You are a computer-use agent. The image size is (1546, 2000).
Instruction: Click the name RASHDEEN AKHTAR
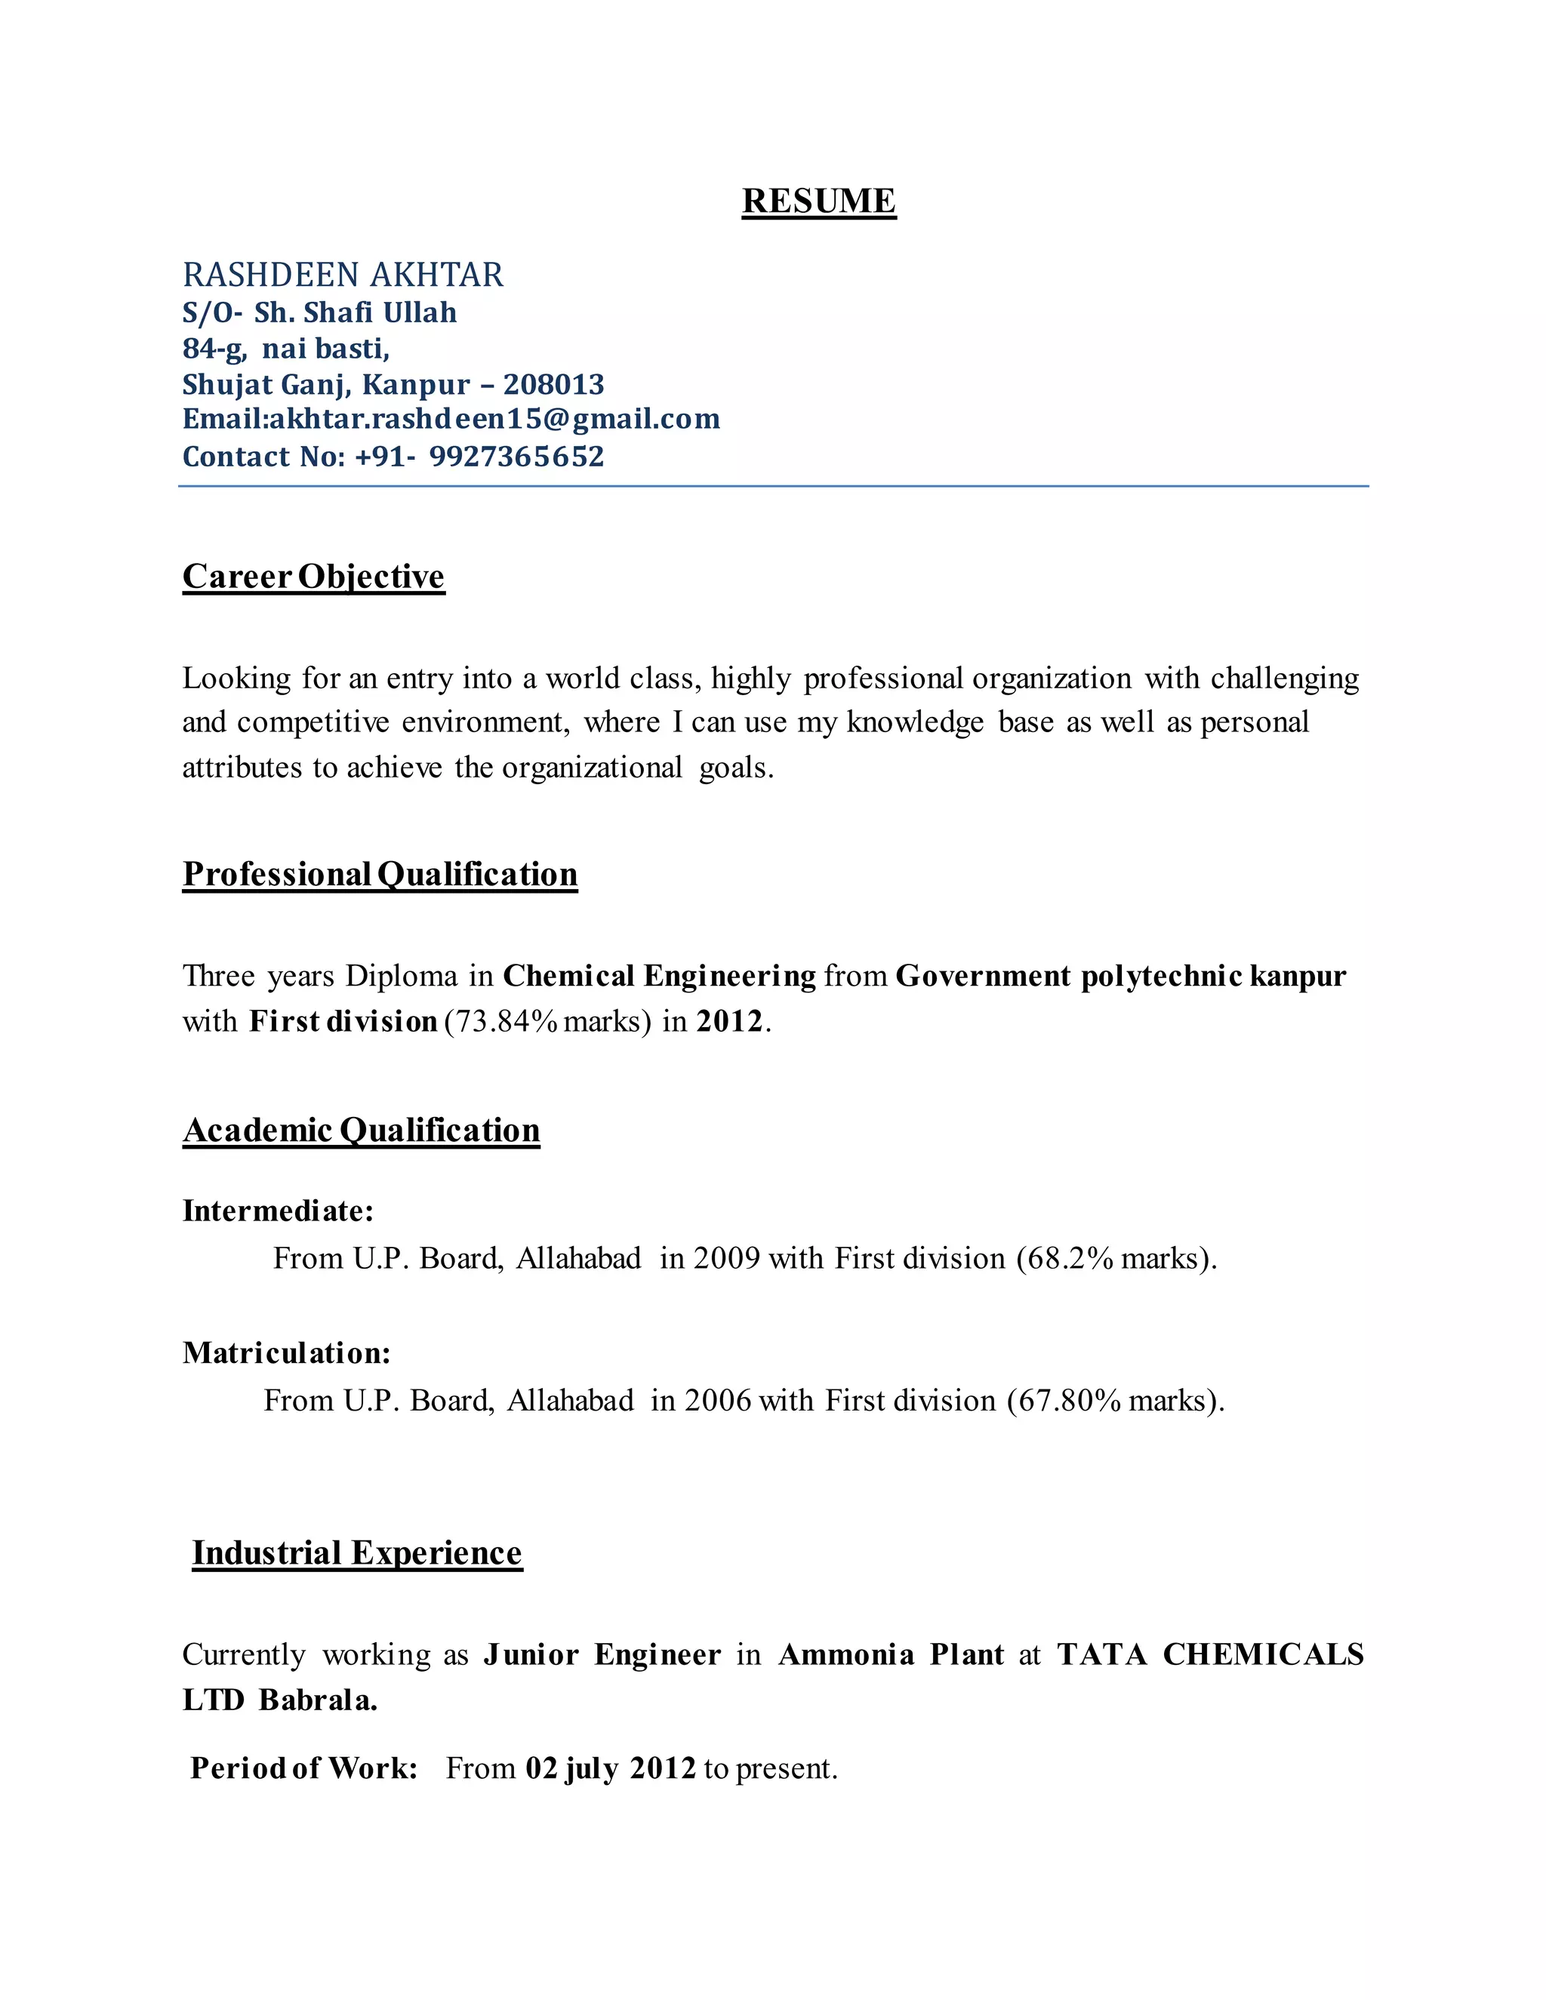343,275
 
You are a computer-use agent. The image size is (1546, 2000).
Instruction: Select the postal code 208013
553,385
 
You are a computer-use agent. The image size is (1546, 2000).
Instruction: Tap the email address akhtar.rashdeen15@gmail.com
494,420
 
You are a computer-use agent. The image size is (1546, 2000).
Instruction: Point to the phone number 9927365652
516,456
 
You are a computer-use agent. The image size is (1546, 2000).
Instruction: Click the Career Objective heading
313,576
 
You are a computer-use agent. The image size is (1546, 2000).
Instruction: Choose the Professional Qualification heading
380,874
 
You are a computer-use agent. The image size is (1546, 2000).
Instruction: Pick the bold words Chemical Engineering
660,976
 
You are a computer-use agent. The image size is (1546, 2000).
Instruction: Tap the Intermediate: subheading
279,1211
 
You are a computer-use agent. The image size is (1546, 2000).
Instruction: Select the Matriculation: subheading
287,1352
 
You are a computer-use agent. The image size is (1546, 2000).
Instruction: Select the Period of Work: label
304,1768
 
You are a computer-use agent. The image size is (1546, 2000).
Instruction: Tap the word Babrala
318,1700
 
